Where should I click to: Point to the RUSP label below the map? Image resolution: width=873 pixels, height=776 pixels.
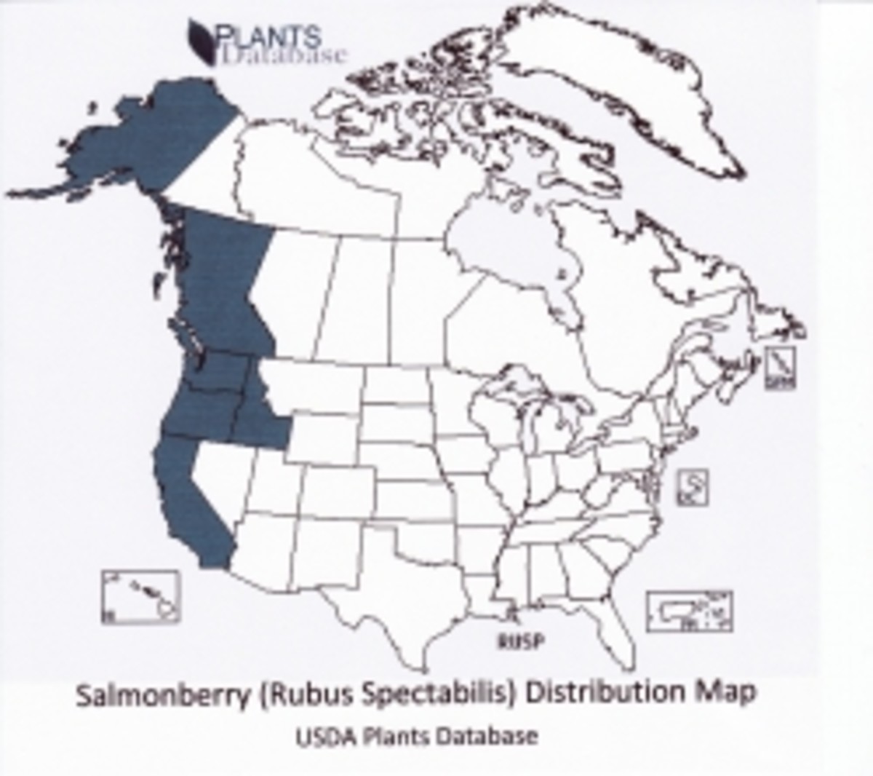click(520, 641)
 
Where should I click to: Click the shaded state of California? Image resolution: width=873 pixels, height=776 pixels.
click(189, 495)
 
